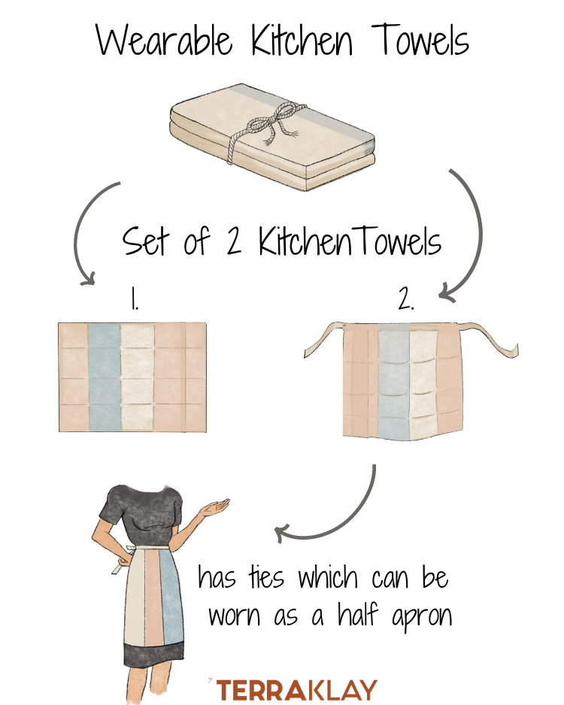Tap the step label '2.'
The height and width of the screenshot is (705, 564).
405,301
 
